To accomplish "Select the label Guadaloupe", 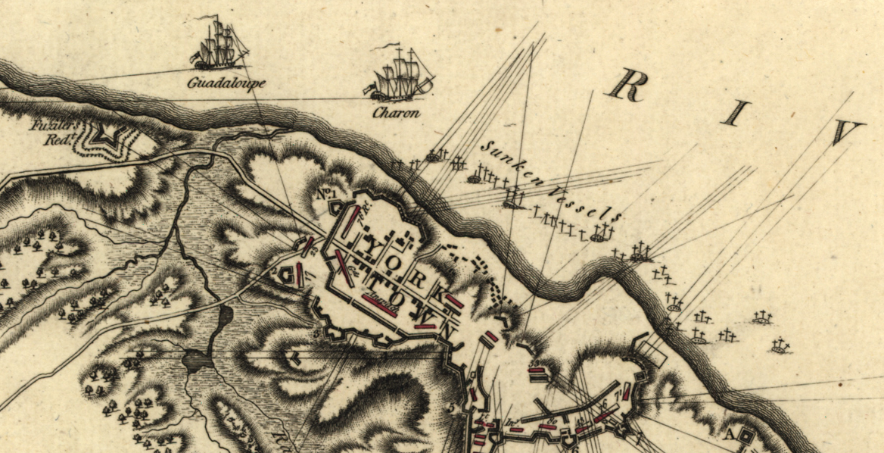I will tap(226, 83).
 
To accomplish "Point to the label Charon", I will tap(396, 114).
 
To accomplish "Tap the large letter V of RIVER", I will tap(845, 133).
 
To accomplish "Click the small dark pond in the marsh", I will tap(198, 360).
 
